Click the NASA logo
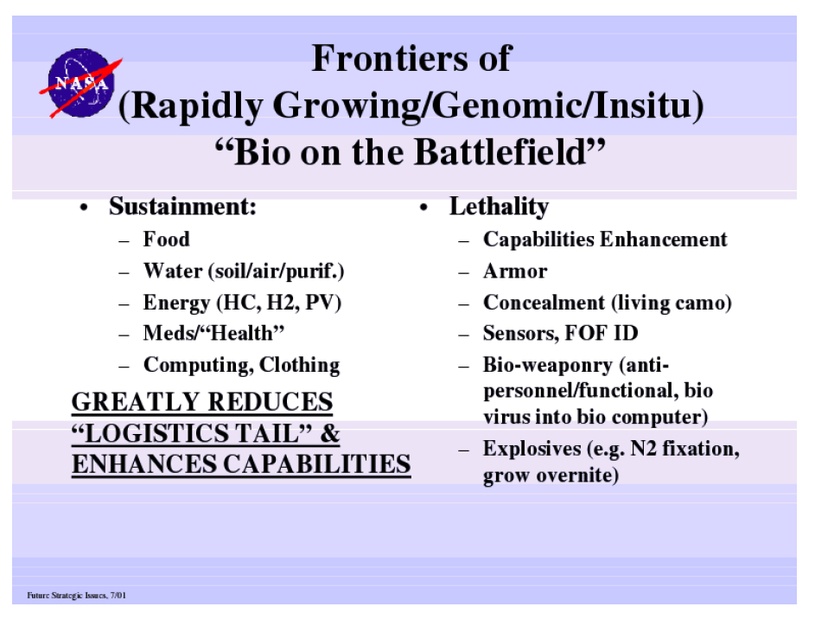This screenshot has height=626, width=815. [x=80, y=83]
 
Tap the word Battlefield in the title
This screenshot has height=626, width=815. [x=500, y=152]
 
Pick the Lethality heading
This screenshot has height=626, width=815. [x=499, y=207]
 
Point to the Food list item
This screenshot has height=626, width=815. [x=166, y=240]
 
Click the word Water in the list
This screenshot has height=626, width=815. [x=173, y=271]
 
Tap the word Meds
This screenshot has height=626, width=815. [x=166, y=333]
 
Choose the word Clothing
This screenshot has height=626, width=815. [x=299, y=365]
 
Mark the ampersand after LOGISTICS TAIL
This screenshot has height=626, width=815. [x=329, y=433]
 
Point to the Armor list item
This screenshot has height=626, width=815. [x=515, y=271]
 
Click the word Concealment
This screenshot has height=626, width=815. [x=544, y=303]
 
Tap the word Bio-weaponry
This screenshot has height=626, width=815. [x=548, y=366]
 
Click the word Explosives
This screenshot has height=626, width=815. [x=532, y=449]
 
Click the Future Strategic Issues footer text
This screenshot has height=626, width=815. [x=76, y=596]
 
